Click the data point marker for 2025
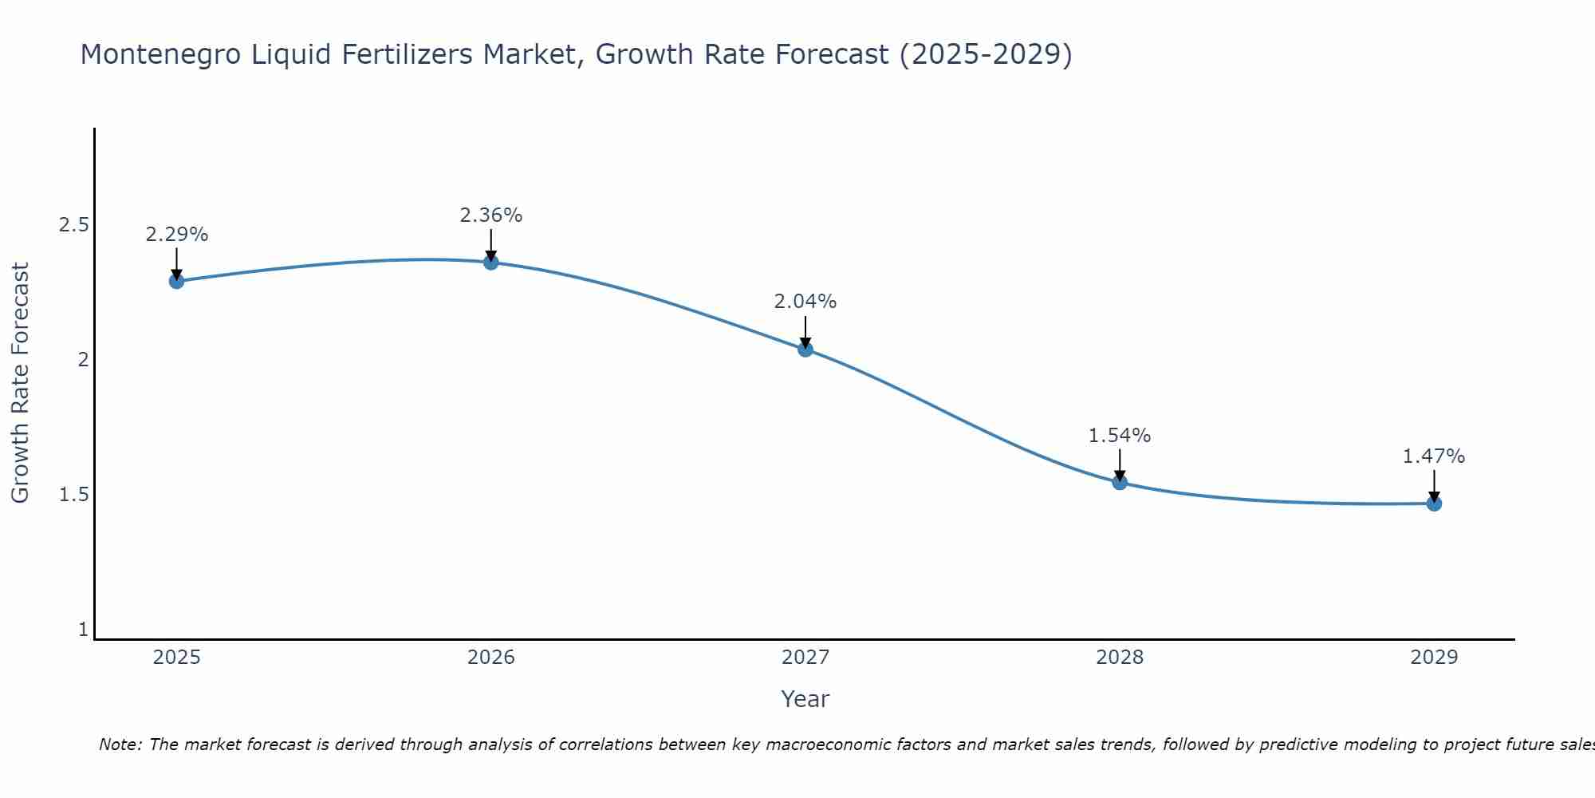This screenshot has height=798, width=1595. click(177, 281)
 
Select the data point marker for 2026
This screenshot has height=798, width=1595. click(491, 262)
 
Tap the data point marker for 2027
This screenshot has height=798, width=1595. click(805, 349)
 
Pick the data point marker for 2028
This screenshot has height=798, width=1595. click(1120, 482)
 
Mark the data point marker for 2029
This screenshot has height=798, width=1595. click(1434, 504)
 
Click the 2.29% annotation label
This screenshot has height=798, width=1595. click(177, 235)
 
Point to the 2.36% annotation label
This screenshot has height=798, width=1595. click(491, 215)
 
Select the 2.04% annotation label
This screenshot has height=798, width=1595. click(805, 302)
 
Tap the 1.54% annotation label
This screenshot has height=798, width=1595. click(1120, 436)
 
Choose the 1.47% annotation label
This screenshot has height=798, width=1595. click(1434, 456)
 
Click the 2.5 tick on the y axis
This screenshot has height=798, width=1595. click(73, 225)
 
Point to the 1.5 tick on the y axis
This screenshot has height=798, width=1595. click(73, 495)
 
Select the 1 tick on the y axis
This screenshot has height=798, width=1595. click(83, 630)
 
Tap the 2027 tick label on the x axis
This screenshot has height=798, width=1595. click(805, 658)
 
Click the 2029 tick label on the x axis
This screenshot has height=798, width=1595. click(1434, 658)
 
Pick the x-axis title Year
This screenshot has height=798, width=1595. click(805, 699)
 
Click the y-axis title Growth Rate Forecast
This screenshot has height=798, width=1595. click(21, 383)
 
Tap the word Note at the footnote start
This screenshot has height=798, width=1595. click(120, 745)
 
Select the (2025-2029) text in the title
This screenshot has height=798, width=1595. click(986, 55)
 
